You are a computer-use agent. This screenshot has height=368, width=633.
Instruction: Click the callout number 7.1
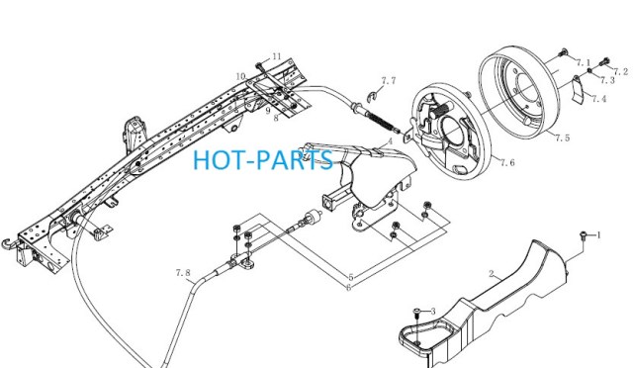coord(583,62)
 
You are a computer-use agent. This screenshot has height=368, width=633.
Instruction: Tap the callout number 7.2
coord(620,71)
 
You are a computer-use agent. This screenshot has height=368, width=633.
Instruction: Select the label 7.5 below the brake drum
coord(562,138)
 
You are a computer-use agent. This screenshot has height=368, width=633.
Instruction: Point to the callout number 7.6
coord(507,162)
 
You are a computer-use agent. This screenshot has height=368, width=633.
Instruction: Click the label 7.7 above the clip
coord(389,80)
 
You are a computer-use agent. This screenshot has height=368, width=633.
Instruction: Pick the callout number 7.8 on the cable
coord(183,273)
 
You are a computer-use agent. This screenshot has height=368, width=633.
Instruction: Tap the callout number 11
coord(277,56)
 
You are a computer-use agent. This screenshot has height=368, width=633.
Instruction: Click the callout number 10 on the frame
coord(241,76)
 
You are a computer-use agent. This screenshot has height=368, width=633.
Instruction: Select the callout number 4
coord(390,141)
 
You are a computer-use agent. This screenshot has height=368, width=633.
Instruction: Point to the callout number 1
coord(599,234)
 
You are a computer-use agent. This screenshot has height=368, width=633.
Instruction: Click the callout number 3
coord(433,312)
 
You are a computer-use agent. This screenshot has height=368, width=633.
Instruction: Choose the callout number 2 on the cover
coord(492,274)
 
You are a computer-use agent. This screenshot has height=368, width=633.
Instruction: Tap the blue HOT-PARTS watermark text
coord(263,159)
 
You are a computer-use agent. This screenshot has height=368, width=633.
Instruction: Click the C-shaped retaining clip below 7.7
coord(372,96)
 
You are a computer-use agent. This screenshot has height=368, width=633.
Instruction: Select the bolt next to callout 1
coord(583,235)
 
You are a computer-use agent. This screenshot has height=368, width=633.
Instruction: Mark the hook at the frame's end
coord(7,243)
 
